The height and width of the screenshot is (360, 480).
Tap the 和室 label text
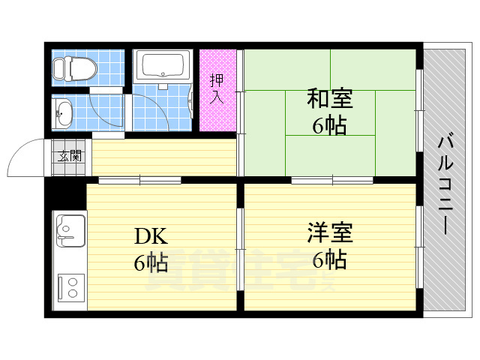point(330,98)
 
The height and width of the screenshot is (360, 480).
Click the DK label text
point(151,236)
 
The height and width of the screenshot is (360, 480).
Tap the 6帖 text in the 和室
point(330,125)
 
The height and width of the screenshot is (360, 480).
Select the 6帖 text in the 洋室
point(329,260)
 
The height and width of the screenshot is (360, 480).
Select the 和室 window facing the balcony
point(419,112)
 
